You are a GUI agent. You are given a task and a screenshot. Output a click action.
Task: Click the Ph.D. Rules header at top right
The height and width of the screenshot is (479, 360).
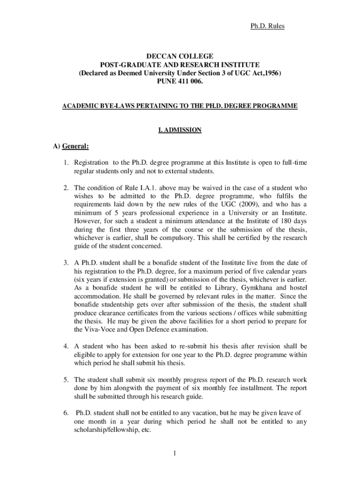(x=267, y=26)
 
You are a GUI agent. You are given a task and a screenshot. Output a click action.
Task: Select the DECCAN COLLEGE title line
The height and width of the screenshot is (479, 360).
(x=180, y=57)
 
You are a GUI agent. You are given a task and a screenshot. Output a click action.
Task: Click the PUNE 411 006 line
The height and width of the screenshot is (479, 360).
(x=180, y=82)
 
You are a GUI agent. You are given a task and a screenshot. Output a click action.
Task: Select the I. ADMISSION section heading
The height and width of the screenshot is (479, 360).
(x=180, y=130)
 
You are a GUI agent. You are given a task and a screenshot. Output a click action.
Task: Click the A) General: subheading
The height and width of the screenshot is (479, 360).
(x=71, y=146)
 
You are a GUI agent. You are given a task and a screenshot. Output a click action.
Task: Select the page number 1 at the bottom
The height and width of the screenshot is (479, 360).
(x=173, y=453)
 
